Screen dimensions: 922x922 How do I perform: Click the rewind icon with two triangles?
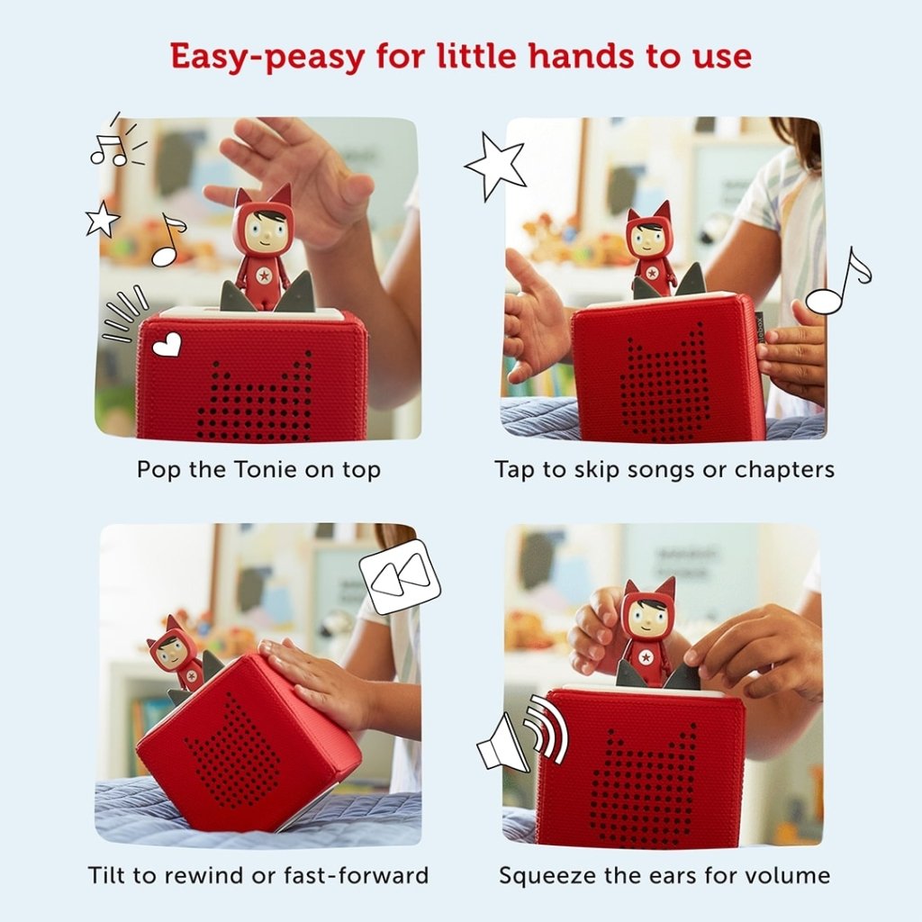click(400, 576)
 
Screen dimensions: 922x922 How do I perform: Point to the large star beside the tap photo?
click(496, 166)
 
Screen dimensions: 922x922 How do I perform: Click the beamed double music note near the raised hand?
click(109, 149)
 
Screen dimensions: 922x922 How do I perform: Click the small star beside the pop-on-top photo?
click(102, 219)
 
